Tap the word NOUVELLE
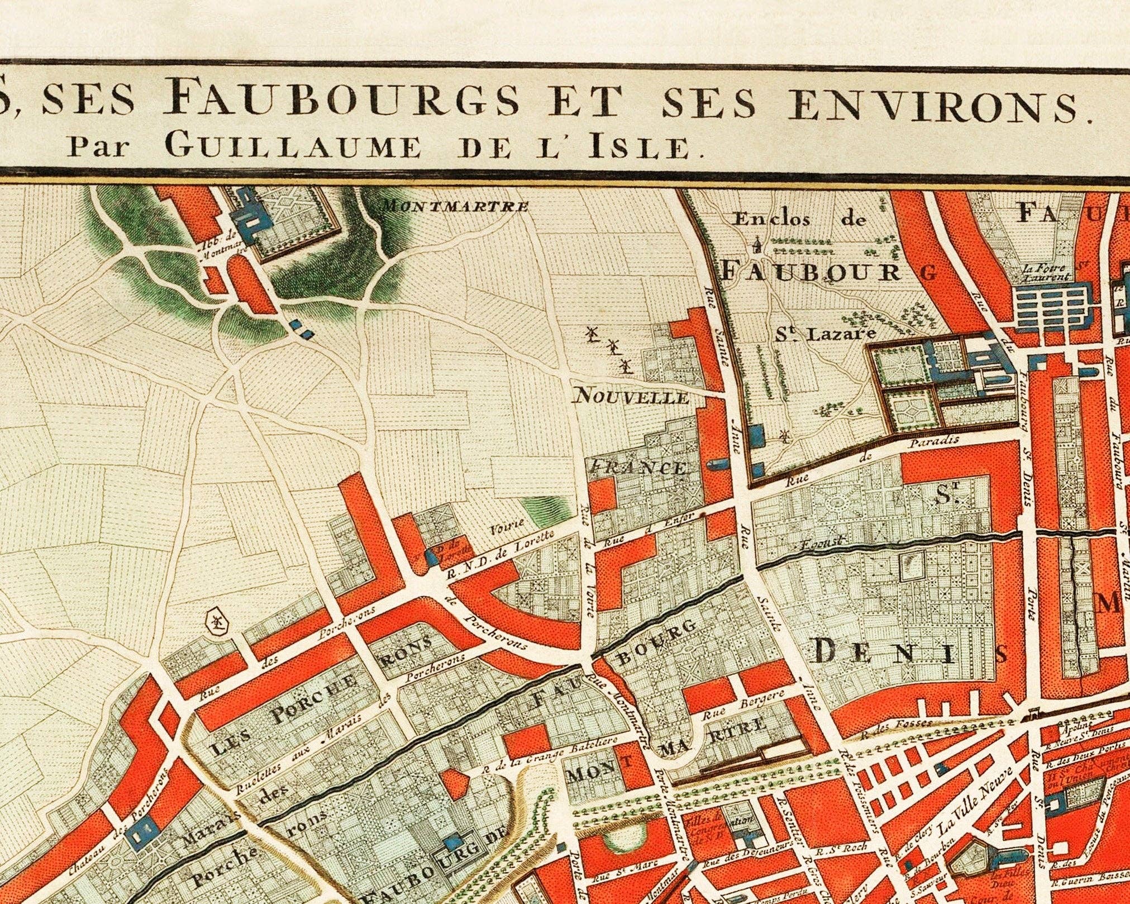pos(632,397)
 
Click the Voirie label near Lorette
pos(506,525)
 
